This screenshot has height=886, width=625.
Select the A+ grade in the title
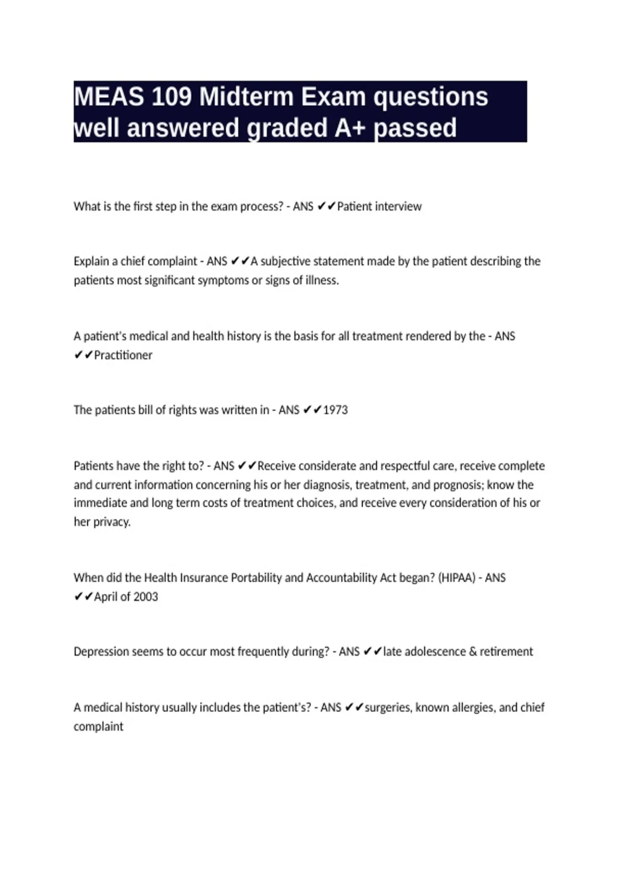click(350, 128)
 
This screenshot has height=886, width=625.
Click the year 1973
click(335, 410)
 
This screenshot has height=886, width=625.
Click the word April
click(106, 597)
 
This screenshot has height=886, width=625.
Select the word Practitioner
click(123, 355)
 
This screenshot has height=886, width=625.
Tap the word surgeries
click(387, 708)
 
